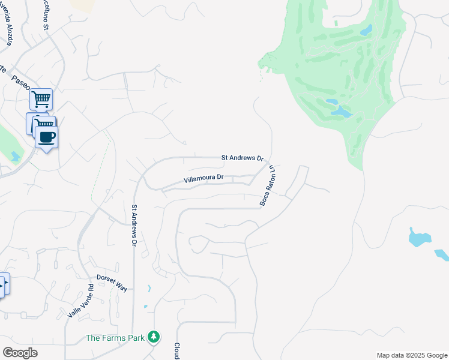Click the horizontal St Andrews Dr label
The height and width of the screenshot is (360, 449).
coord(243,158)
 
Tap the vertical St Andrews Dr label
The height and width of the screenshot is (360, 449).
coord(134,226)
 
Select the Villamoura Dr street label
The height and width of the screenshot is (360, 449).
coord(203,178)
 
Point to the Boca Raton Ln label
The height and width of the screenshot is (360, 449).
coord(267,185)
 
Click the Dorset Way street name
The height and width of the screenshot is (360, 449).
coord(112,283)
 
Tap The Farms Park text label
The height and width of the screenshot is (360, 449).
coord(115,338)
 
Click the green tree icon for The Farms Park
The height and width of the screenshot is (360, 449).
coord(154,337)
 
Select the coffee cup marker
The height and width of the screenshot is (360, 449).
coord(46,137)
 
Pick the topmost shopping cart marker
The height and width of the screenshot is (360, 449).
coord(41,99)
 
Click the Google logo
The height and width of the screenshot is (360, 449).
coord(20,353)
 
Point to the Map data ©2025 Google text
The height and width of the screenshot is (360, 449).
coord(412,355)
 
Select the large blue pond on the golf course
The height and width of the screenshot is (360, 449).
coord(340,112)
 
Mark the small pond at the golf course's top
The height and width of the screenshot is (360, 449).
coord(366,30)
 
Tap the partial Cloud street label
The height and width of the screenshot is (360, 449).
coord(177,351)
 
